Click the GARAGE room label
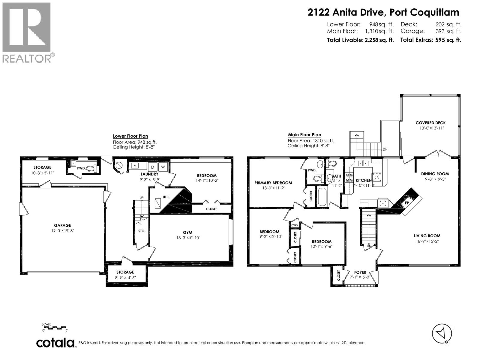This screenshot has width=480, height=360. point(62,225)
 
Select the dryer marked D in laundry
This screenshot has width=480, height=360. point(152,167)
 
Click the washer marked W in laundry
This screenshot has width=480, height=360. point(163,167)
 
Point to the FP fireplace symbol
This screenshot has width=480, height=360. point(407,203)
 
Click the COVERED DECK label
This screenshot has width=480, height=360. point(430,123)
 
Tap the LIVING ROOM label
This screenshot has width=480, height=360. point(427,236)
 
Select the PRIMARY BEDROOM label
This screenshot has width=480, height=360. point(273,183)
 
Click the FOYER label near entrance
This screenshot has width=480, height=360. point(360,272)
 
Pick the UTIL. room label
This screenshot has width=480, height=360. point(166,197)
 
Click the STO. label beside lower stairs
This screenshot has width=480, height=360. point(142,231)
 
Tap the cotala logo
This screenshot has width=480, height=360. point(55,343)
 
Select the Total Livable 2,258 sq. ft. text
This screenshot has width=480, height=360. point(360,40)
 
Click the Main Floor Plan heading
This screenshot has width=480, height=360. point(304,135)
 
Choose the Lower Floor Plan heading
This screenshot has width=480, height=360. point(130,136)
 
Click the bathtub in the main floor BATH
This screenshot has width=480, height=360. point(322,196)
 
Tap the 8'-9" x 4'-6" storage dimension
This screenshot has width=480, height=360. point(125,277)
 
